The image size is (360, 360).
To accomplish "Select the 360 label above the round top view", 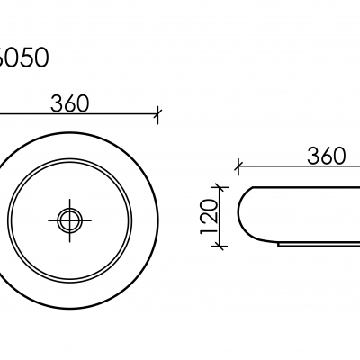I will click(69, 103).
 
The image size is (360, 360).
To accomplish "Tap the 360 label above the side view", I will click(326, 156).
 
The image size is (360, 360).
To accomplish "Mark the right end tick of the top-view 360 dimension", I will click(158, 114).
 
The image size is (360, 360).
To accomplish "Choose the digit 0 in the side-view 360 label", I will click(339, 156).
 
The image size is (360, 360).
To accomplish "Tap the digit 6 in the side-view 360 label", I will click(325, 156).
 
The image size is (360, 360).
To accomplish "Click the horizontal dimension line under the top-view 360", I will click(81, 114).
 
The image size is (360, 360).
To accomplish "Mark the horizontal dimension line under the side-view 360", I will click(297, 166).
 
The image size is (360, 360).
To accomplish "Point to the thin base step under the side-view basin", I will click(315, 243).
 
